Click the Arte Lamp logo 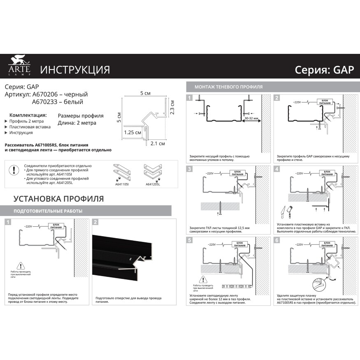coord(19,67)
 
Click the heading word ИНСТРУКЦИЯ coord(75,70)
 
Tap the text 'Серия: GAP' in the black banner coord(324,70)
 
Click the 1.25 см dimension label coord(132,133)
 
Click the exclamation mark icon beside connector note coord(14,170)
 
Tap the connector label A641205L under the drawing coord(153,185)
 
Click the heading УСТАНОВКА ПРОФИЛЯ coord(59,199)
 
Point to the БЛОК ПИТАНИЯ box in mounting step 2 coord(325,102)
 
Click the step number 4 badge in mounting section coord(277,169)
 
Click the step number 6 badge coord(277,240)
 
